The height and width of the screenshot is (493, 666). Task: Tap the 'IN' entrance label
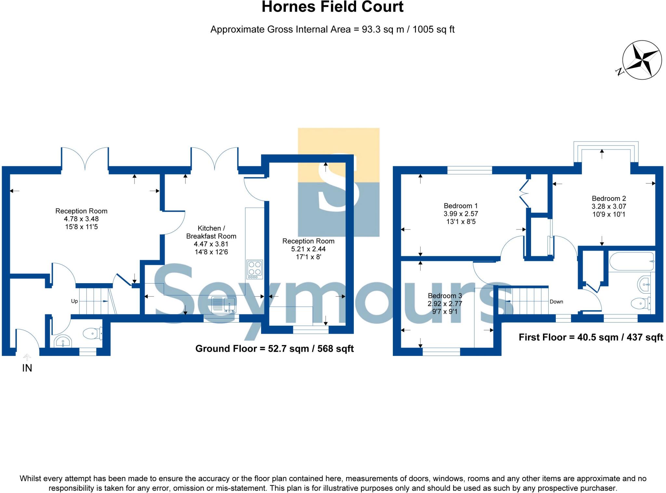click(x=27, y=368)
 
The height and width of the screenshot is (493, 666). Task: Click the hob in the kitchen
click(x=255, y=269)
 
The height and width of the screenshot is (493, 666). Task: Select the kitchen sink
click(x=223, y=305)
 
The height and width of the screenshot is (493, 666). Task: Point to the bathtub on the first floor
click(x=632, y=261)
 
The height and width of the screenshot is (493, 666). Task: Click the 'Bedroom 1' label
click(x=460, y=206)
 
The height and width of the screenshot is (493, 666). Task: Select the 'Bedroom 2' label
click(x=608, y=198)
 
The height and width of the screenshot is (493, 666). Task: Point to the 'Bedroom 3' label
click(x=445, y=296)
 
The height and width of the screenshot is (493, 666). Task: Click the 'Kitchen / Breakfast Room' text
click(x=211, y=232)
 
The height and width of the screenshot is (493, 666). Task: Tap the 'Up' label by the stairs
click(x=74, y=301)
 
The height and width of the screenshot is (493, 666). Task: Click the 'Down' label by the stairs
click(x=556, y=302)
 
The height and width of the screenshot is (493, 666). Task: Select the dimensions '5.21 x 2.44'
click(x=308, y=249)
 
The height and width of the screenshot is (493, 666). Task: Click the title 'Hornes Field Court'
click(x=332, y=7)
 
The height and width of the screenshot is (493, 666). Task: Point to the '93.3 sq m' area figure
click(x=383, y=30)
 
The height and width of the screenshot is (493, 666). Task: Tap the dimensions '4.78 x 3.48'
click(x=81, y=219)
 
